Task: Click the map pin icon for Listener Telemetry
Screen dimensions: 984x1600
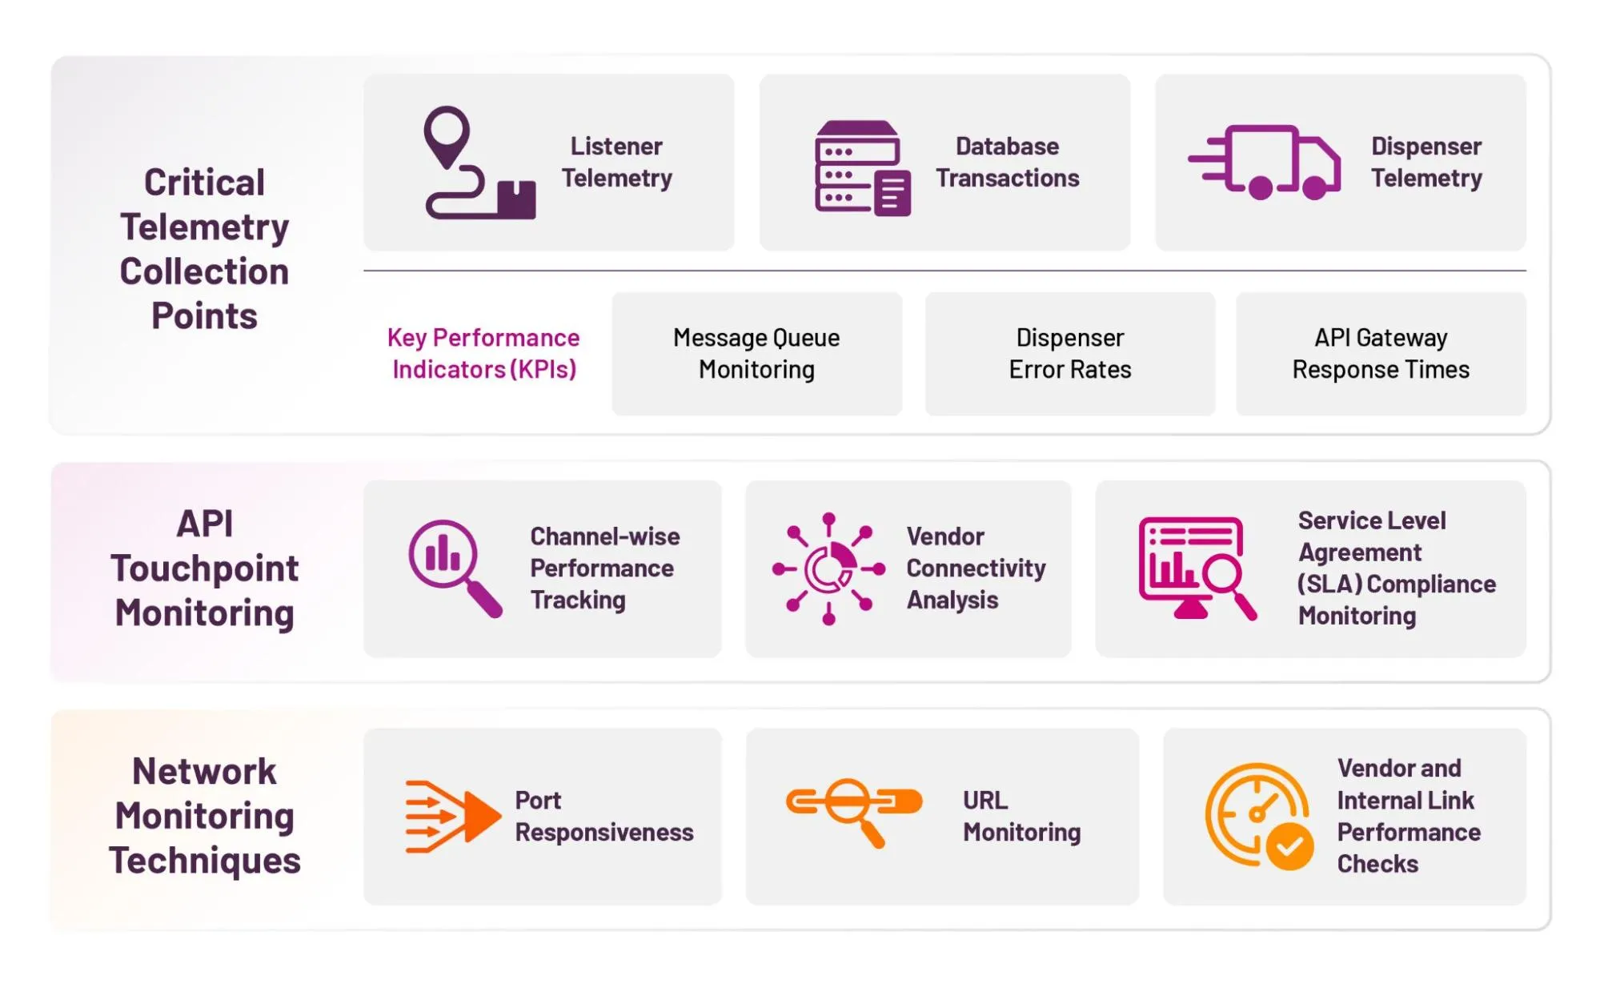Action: click(447, 135)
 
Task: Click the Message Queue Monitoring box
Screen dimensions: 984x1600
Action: click(756, 353)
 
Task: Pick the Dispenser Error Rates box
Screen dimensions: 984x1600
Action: click(1069, 353)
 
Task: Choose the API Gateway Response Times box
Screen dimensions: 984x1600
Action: click(1380, 353)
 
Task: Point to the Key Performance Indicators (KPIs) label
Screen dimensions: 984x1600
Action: click(483, 353)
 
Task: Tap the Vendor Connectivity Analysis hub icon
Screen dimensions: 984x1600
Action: click(828, 568)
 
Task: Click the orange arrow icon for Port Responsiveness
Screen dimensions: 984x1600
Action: click(452, 816)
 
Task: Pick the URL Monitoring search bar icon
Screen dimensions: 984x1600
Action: click(853, 809)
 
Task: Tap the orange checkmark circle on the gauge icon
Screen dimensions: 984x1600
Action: click(1289, 847)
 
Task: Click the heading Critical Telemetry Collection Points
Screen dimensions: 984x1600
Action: click(205, 249)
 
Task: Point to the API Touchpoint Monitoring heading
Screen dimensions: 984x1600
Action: click(205, 568)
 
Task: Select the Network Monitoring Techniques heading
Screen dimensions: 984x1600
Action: click(205, 816)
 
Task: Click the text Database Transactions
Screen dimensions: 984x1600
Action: click(1007, 162)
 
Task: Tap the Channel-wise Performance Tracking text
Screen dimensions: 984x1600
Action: click(604, 568)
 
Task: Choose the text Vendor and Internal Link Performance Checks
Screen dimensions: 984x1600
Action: click(1408, 816)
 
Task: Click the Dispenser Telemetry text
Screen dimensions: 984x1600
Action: click(1426, 162)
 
